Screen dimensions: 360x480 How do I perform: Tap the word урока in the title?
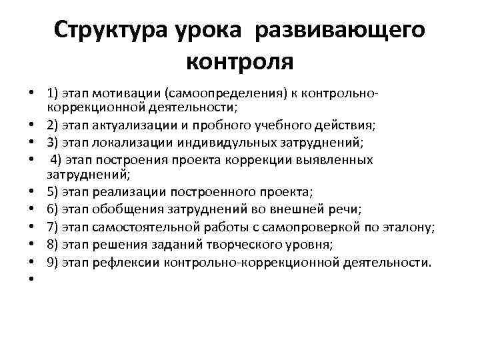click(x=205, y=29)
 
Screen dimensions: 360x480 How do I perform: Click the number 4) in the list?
click(x=56, y=160)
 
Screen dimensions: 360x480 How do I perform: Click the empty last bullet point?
click(x=32, y=280)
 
